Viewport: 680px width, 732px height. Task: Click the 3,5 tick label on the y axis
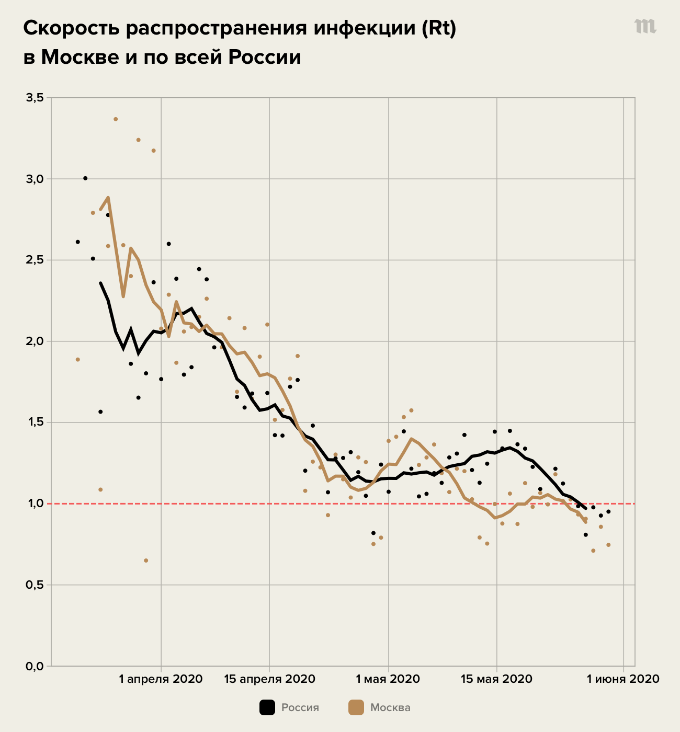pyautogui.click(x=34, y=98)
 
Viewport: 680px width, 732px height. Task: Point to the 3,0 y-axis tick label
pyautogui.click(x=34, y=179)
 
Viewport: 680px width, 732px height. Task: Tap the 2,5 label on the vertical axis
pyautogui.click(x=34, y=260)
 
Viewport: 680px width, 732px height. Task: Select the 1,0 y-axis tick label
pyautogui.click(x=34, y=504)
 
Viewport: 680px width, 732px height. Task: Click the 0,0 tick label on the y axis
pyautogui.click(x=34, y=666)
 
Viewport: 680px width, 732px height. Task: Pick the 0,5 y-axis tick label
pyautogui.click(x=34, y=585)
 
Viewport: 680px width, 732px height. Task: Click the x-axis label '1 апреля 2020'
pyautogui.click(x=161, y=679)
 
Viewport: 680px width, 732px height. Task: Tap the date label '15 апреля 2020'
pyautogui.click(x=269, y=679)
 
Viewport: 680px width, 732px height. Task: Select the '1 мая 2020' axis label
pyautogui.click(x=388, y=679)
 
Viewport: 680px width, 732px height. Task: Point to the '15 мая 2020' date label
pyautogui.click(x=496, y=679)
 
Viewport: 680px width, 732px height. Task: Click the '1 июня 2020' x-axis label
pyautogui.click(x=623, y=679)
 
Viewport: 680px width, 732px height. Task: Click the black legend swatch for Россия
pyautogui.click(x=267, y=707)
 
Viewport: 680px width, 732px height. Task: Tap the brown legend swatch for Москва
pyautogui.click(x=356, y=707)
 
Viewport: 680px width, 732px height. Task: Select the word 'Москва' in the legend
pyautogui.click(x=390, y=708)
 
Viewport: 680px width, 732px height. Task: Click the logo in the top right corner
pyautogui.click(x=645, y=26)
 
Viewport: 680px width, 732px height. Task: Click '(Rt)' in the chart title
pyautogui.click(x=439, y=29)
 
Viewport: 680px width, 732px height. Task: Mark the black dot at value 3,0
pyautogui.click(x=85, y=178)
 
